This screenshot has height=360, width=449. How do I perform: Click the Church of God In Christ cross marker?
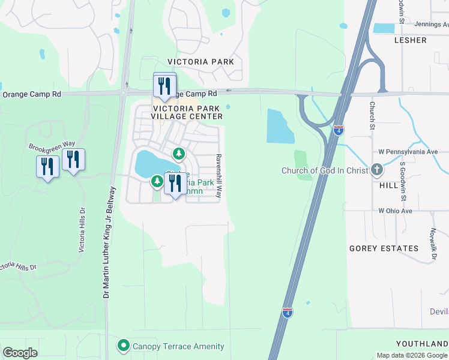pos(377,170)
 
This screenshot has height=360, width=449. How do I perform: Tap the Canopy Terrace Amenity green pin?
pos(124,346)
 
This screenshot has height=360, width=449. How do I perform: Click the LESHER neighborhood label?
pos(411,40)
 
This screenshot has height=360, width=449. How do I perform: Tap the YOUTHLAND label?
pos(421,344)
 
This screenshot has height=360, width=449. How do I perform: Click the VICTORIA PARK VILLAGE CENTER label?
pos(185,113)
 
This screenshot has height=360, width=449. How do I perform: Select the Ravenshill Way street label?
pos(219,175)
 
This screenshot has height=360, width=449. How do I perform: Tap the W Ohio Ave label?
pos(395,211)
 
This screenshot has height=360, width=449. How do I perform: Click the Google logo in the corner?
pos(20,353)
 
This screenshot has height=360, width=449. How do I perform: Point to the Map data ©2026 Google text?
pos(412,355)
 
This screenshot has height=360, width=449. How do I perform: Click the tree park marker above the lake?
pos(178,154)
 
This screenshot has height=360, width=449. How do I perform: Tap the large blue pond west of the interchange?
pos(280,126)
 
